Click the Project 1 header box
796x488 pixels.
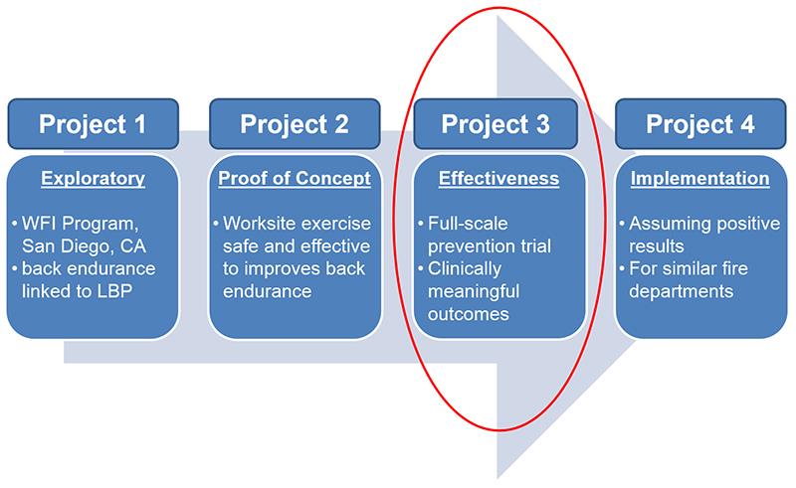[x=93, y=125]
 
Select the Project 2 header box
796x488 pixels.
[x=295, y=125]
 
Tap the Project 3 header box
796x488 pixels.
[x=497, y=125]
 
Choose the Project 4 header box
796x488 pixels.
[x=700, y=125]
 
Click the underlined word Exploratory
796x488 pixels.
[x=93, y=180]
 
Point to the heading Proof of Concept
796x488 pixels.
[x=295, y=180]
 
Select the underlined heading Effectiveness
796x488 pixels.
[x=498, y=180]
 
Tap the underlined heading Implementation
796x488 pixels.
[x=700, y=180]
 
